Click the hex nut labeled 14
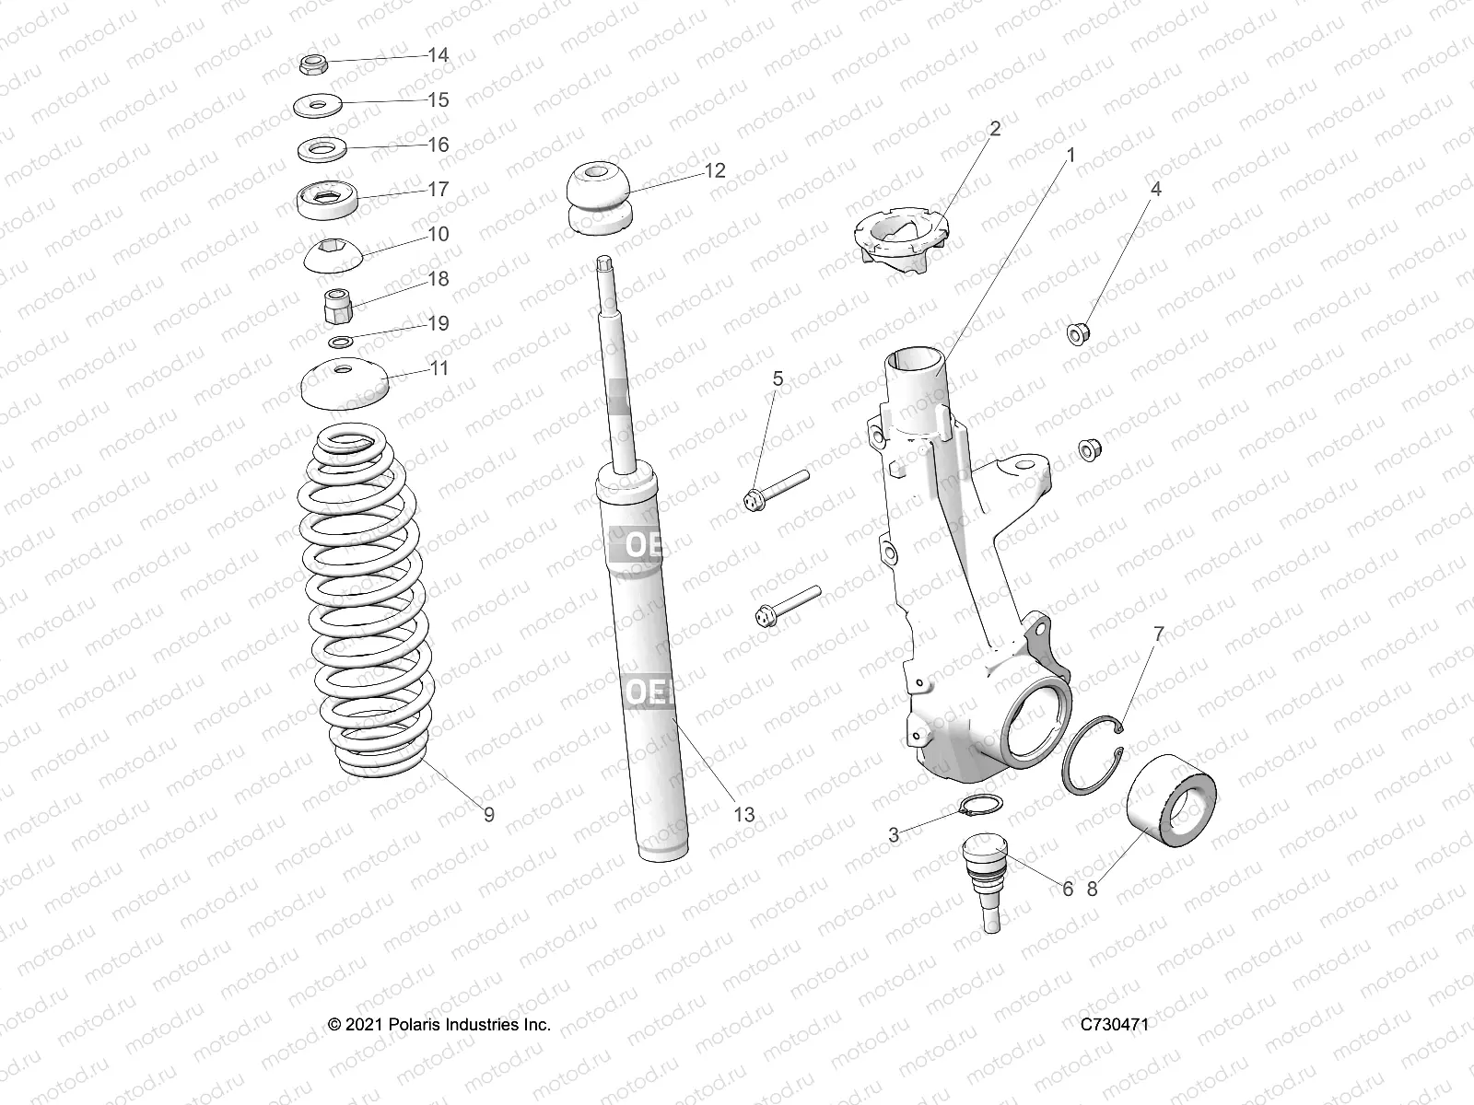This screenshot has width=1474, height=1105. pyautogui.click(x=312, y=64)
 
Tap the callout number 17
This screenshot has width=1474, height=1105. pyautogui.click(x=439, y=189)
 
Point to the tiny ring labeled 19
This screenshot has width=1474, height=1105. pyautogui.click(x=341, y=343)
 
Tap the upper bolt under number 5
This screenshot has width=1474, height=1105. pyautogui.click(x=774, y=490)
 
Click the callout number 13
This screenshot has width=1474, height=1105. pyautogui.click(x=743, y=814)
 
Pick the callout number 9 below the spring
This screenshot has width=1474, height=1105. pyautogui.click(x=488, y=814)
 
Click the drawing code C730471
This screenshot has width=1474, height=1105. pyautogui.click(x=1115, y=1024)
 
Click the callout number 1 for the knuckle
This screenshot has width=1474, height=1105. pyautogui.click(x=1070, y=156)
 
